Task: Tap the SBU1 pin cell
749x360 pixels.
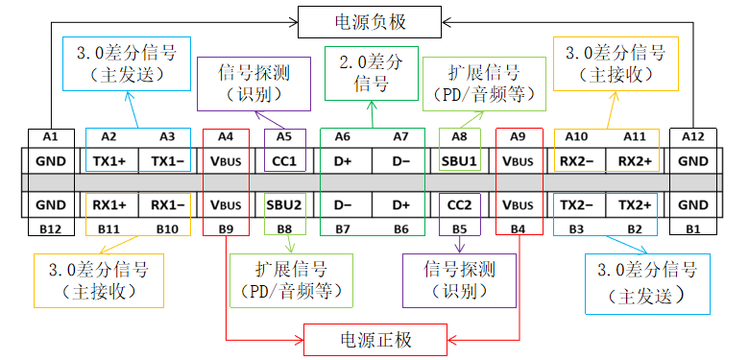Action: (x=458, y=160)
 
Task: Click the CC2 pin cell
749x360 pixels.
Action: (x=458, y=204)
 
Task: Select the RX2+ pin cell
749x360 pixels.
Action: (x=635, y=160)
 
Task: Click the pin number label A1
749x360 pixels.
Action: (x=51, y=137)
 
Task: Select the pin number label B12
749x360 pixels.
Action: (x=51, y=228)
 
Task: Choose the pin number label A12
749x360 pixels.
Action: (x=692, y=137)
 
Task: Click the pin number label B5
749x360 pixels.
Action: (x=458, y=228)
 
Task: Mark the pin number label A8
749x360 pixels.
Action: (x=458, y=137)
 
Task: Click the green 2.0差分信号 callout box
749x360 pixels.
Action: (x=372, y=73)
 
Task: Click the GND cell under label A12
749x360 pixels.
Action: (x=692, y=160)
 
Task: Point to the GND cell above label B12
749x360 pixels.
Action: (x=51, y=204)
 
